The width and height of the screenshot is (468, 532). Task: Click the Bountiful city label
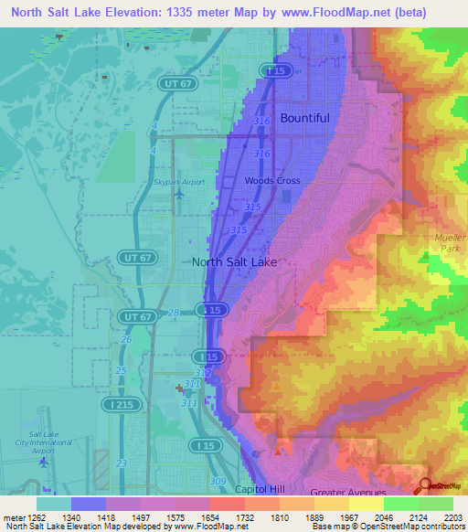[304, 118]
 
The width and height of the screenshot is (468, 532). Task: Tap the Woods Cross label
[272, 181]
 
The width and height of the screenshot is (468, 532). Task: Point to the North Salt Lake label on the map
[234, 261]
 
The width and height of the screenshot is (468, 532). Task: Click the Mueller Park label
[449, 242]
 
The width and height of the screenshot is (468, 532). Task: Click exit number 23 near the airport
[122, 463]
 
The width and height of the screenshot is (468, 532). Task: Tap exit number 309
[218, 481]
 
